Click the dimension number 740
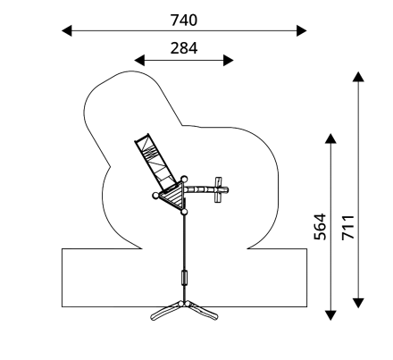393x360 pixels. (184, 21)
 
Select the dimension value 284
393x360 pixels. (184, 48)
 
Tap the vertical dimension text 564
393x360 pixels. (321, 227)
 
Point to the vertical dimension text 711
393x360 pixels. (347, 227)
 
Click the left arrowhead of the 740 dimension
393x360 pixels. (67, 30)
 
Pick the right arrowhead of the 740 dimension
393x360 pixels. (302, 30)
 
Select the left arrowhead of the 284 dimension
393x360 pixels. (139, 60)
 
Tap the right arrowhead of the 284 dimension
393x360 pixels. (229, 60)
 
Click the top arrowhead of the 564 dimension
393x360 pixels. (330, 138)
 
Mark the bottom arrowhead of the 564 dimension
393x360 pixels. (330, 315)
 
